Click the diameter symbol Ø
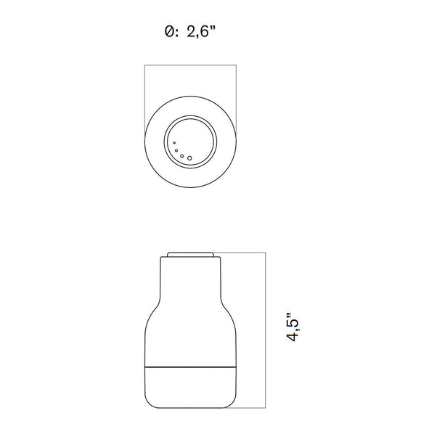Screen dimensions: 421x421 pyautogui.click(x=169, y=32)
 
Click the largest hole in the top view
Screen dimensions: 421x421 pyautogui.click(x=190, y=157)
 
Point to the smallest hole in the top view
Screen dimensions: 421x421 pyautogui.click(x=174, y=143)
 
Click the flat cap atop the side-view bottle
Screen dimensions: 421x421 pyautogui.click(x=190, y=255)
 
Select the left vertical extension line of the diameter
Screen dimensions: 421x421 pyautogui.click(x=144, y=94)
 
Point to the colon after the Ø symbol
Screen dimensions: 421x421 pyautogui.click(x=178, y=33)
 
